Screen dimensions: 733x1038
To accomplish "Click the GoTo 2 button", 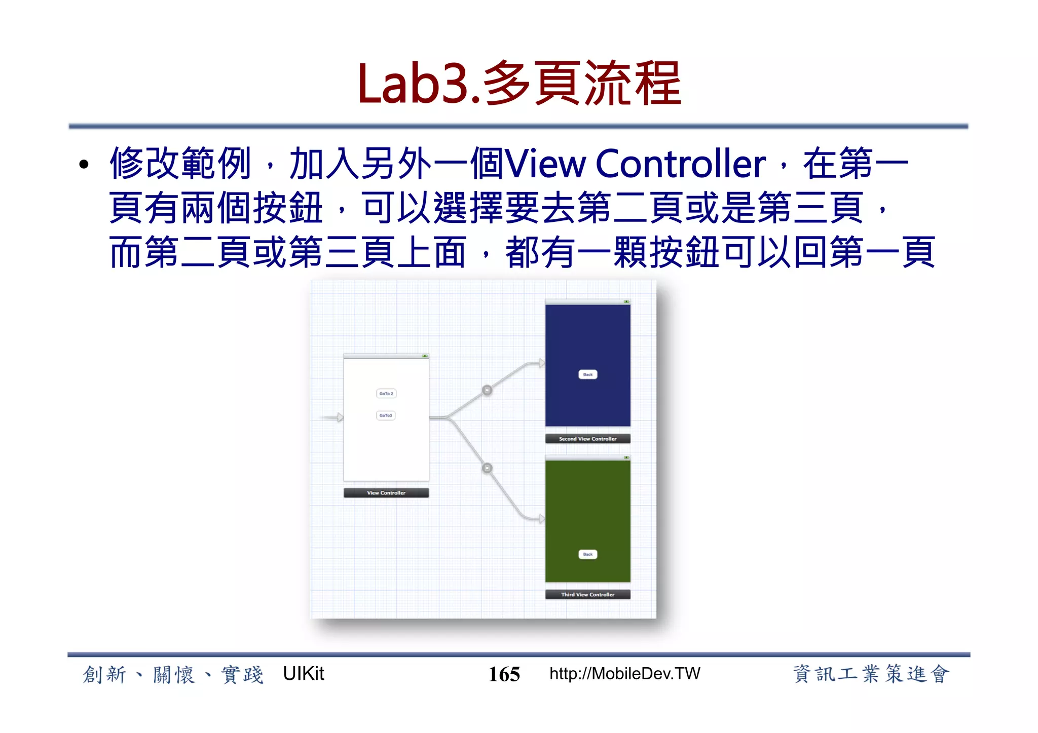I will pos(386,394).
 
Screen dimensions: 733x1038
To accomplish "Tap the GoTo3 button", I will pos(386,415).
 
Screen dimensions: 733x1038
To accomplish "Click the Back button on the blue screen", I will pos(588,375).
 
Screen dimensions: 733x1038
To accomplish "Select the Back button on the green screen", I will pos(588,554).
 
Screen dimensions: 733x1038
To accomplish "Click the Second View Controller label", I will pos(588,439).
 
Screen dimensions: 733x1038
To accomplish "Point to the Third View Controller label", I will pos(588,595).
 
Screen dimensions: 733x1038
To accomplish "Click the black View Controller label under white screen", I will pos(386,493).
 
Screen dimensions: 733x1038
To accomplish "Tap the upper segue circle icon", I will pos(487,390).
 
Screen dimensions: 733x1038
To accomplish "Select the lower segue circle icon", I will pos(487,468).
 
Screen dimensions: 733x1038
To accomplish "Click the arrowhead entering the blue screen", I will pos(541,363).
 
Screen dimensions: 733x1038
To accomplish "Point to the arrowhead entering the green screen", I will pos(541,519).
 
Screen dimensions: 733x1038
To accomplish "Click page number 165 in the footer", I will pos(504,674).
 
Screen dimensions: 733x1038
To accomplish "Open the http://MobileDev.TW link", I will pos(624,674).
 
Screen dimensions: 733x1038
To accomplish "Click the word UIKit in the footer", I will pos(303,674).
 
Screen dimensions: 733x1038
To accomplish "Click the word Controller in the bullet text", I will pos(680,164).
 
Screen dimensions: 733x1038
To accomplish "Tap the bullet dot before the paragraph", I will pos(84,164).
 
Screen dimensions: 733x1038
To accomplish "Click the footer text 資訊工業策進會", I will pos(870,674).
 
